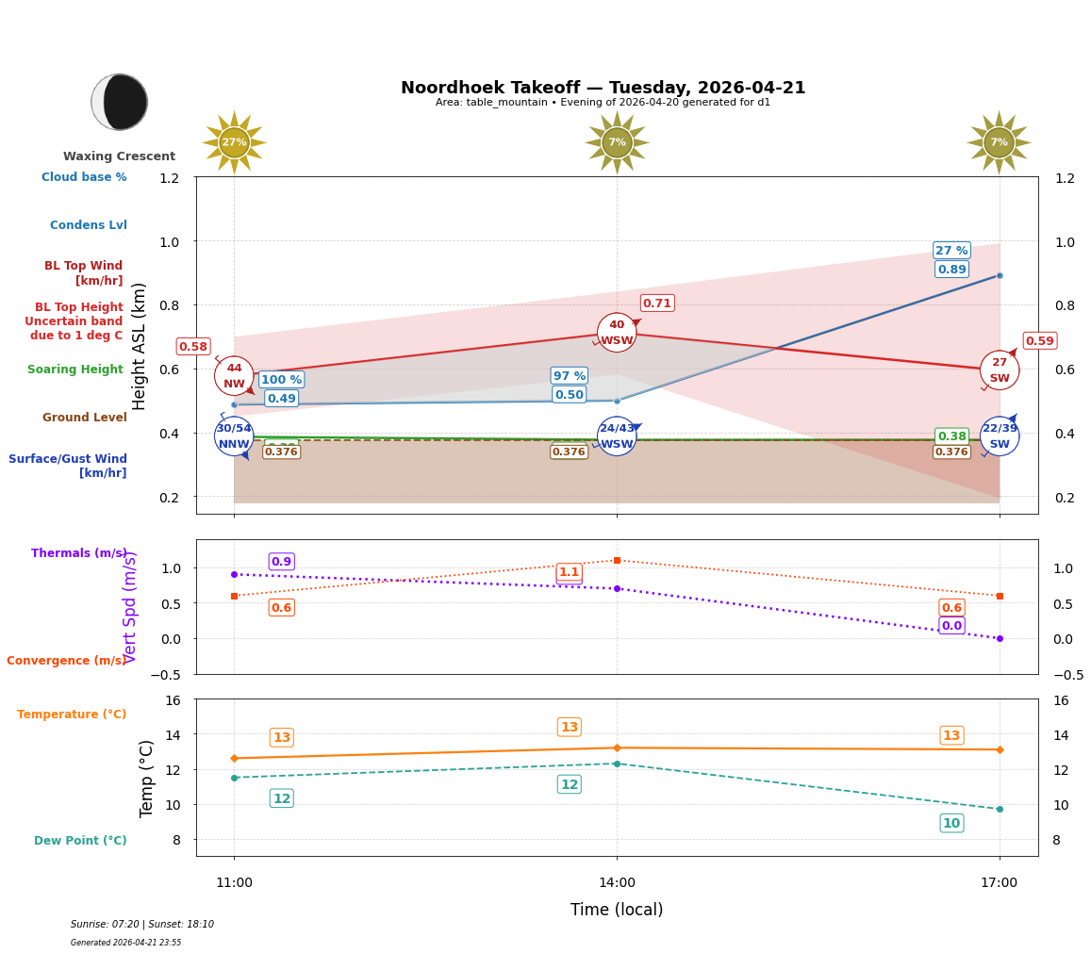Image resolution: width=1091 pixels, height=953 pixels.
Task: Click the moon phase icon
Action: click(120, 102)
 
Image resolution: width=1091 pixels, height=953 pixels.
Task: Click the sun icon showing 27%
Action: click(234, 142)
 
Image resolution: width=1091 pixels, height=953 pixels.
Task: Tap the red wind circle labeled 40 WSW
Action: click(617, 333)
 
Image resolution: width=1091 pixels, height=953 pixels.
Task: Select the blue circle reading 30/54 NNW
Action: click(234, 435)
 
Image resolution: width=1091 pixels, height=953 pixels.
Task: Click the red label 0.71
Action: click(657, 303)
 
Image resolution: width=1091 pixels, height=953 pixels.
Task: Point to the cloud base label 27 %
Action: click(951, 250)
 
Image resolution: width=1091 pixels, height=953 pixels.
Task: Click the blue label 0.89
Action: click(951, 269)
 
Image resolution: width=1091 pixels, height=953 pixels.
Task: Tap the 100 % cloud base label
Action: click(281, 379)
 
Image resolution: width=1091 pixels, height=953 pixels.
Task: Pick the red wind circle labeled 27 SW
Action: click(1000, 370)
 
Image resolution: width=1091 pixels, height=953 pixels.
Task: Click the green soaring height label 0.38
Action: click(951, 435)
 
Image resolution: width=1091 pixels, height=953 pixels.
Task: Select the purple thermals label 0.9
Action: click(281, 561)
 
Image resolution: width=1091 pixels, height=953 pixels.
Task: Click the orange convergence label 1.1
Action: click(569, 572)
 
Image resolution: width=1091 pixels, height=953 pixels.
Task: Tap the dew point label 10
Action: click(951, 823)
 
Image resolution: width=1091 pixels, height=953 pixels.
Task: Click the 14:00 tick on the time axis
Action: click(617, 883)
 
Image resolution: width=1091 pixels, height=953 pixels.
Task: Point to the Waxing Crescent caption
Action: click(119, 156)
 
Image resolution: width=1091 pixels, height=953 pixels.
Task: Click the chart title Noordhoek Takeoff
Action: click(603, 88)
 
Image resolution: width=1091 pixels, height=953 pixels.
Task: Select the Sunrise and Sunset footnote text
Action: click(142, 925)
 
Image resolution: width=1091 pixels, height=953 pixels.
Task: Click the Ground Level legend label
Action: click(84, 418)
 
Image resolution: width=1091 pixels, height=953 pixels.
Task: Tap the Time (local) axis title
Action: click(617, 910)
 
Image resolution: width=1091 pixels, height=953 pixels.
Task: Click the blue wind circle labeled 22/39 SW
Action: click(1000, 435)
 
